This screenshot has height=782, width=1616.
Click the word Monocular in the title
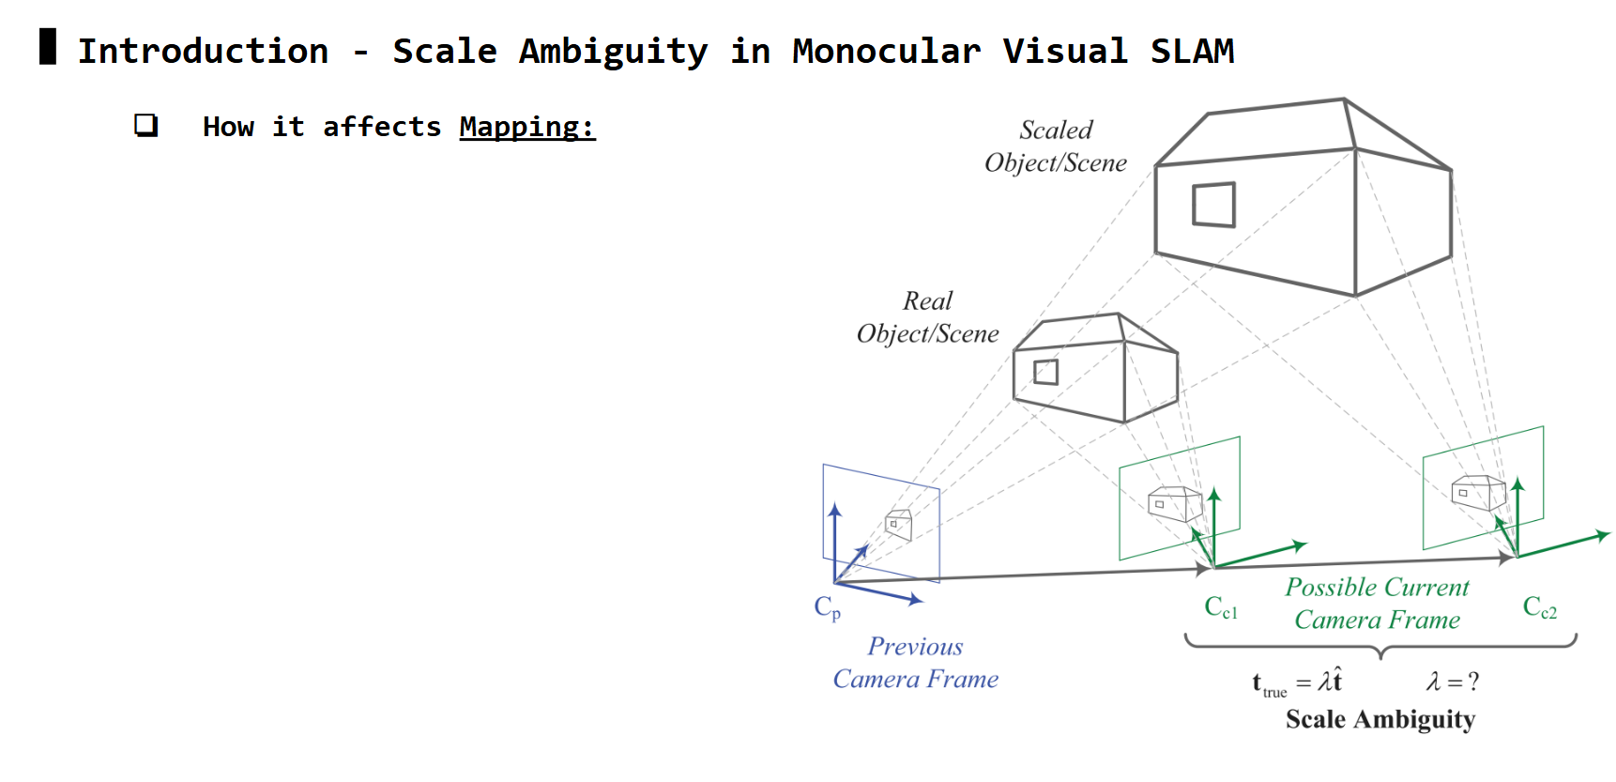(x=886, y=51)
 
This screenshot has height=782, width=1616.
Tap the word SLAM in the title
(x=1192, y=51)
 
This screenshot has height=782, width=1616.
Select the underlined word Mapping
(x=526, y=127)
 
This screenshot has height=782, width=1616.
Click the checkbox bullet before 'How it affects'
(x=145, y=125)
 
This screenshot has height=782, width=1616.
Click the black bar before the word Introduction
(x=48, y=46)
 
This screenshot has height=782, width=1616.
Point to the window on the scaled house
(x=1213, y=205)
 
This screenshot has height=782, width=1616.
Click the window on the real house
(x=1045, y=372)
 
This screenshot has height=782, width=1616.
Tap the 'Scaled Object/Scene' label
(x=1056, y=146)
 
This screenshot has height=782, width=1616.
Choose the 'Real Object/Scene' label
(x=927, y=317)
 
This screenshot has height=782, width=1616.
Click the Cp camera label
(x=827, y=607)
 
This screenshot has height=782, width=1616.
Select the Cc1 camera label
(x=1221, y=607)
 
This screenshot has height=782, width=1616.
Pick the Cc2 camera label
(x=1539, y=607)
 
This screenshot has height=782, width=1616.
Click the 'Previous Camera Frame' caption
(x=915, y=663)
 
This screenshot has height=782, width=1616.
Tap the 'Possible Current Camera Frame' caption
(x=1377, y=603)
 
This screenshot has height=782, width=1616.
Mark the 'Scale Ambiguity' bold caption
(x=1380, y=719)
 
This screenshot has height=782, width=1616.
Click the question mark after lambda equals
(x=1473, y=682)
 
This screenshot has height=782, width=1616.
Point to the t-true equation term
(x=1269, y=683)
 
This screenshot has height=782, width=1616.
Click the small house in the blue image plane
(x=899, y=524)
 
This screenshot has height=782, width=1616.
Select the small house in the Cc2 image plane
(x=1478, y=492)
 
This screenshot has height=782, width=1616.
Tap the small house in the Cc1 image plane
(x=1175, y=503)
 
